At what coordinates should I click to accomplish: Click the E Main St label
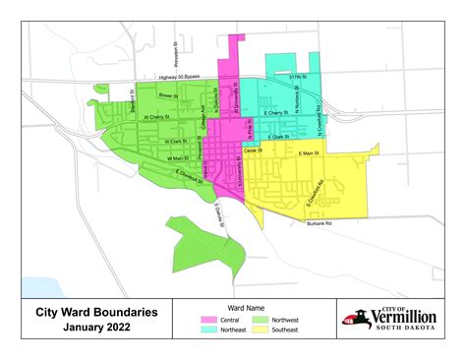click(310, 153)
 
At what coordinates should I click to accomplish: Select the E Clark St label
click(278, 136)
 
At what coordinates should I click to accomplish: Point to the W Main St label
click(177, 158)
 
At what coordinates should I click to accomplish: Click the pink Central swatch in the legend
click(208, 321)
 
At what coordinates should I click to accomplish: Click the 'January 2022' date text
click(89, 327)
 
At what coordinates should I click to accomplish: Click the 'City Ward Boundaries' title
click(89, 311)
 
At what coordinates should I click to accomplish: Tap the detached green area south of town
click(202, 246)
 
